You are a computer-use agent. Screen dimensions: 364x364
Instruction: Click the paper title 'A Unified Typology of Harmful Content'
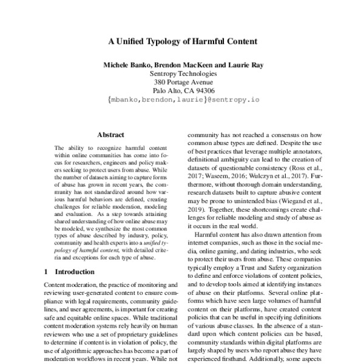(183, 42)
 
